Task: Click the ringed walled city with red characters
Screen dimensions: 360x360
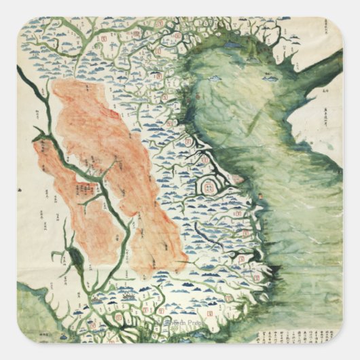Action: tap(211, 182)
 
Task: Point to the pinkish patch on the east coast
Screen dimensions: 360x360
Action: tap(237, 179)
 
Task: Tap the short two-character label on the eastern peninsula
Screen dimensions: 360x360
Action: tap(325, 88)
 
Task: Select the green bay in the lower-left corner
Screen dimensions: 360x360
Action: tap(31, 306)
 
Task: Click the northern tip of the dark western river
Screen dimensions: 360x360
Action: tap(20, 68)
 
